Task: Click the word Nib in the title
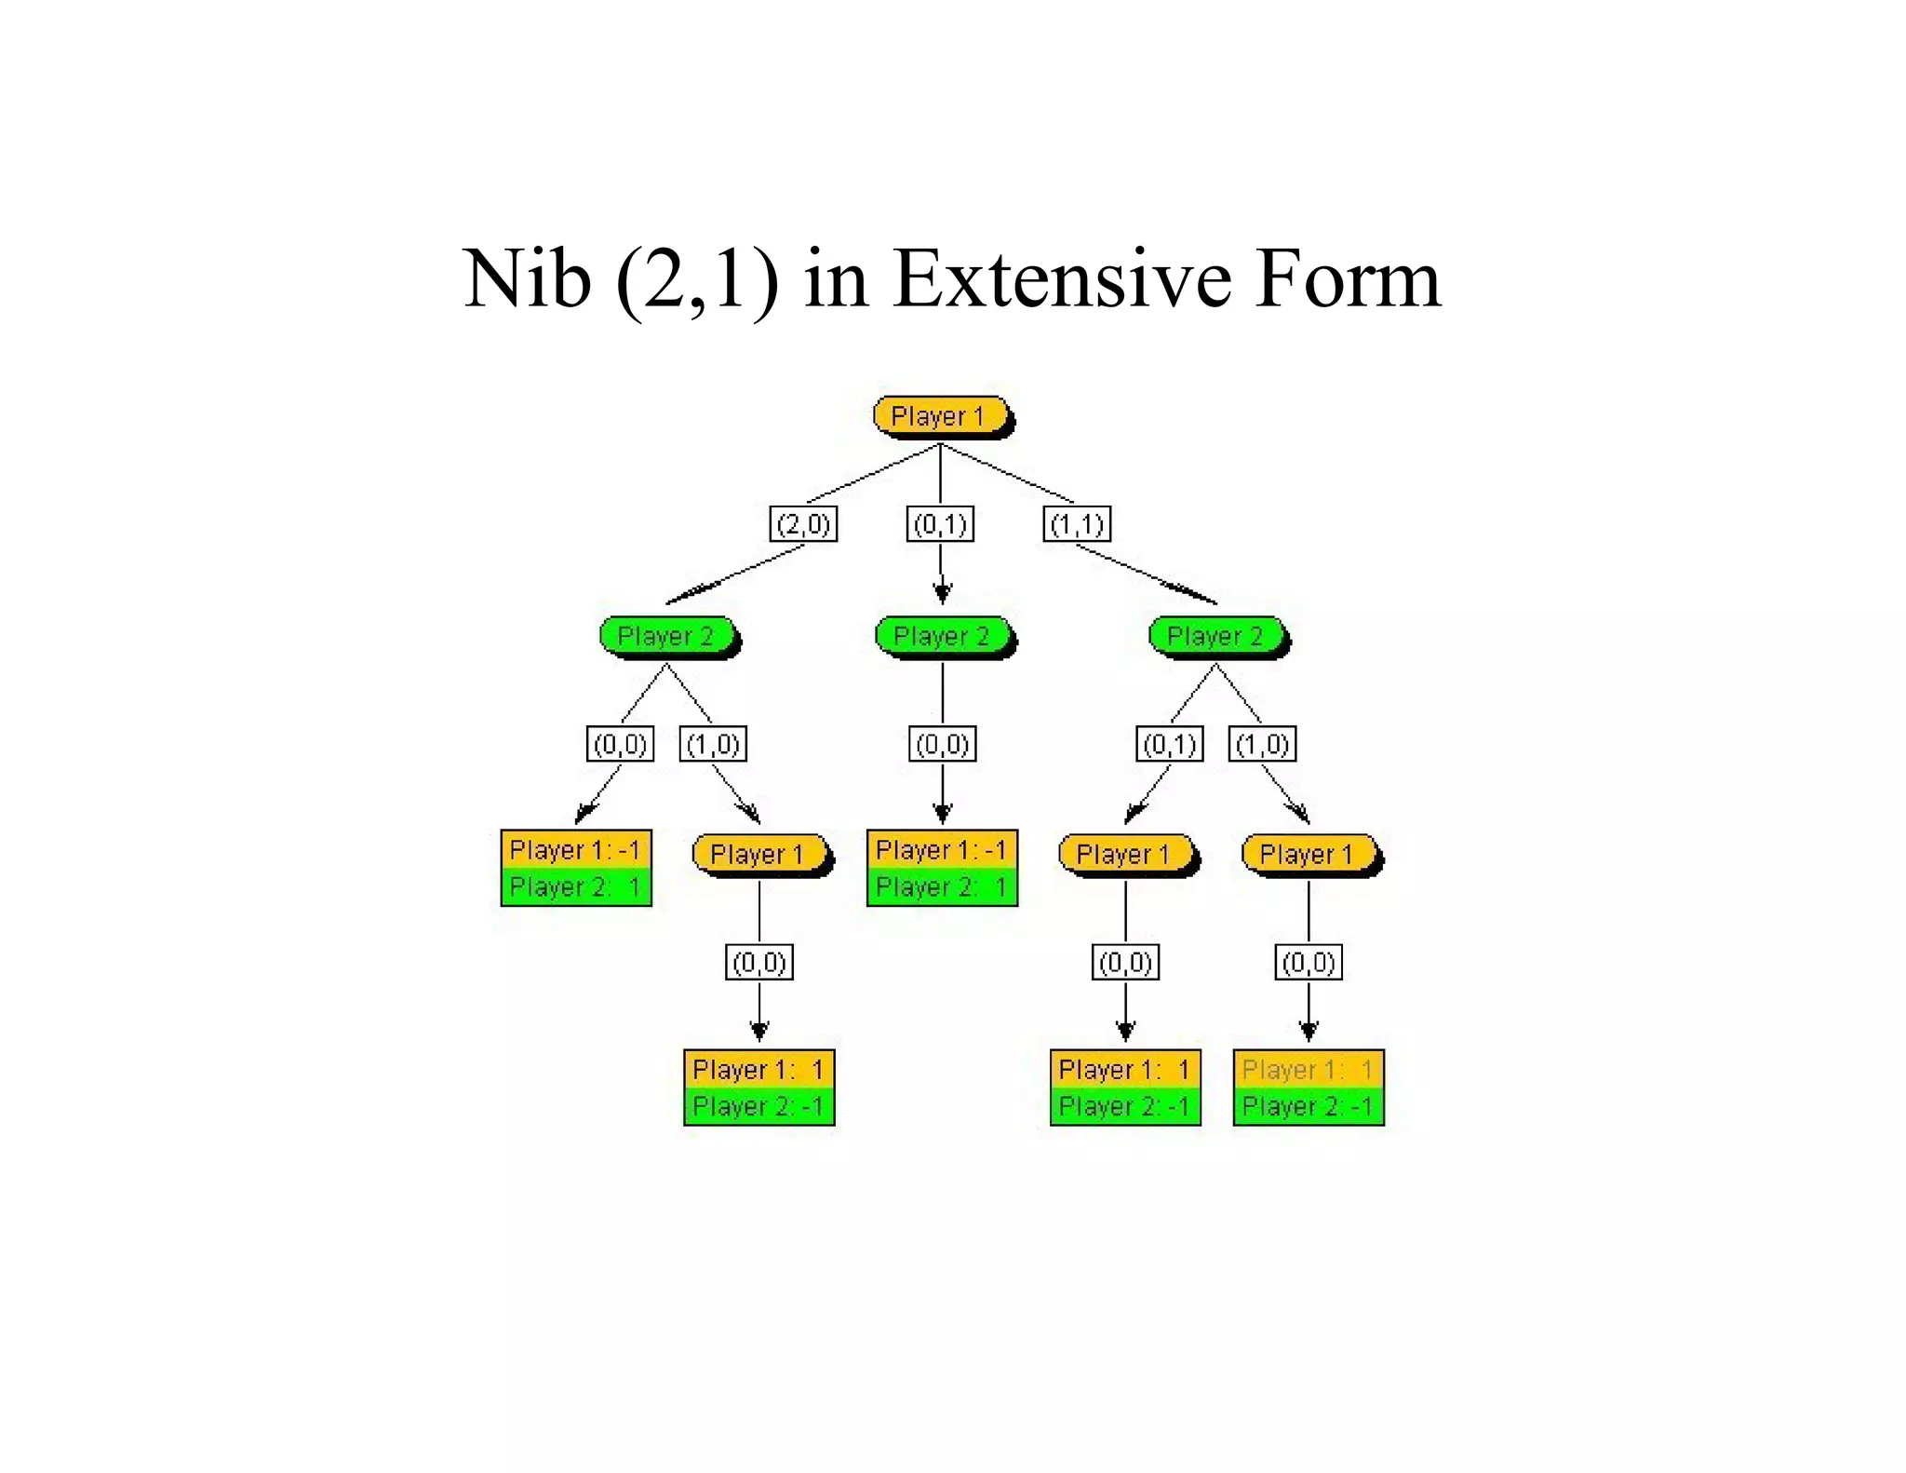pyautogui.click(x=527, y=278)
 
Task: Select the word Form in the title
pyautogui.click(x=1347, y=278)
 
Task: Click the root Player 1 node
pyautogui.click(x=940, y=416)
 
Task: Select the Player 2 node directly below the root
pyautogui.click(x=942, y=636)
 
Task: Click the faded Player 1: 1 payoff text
pyautogui.click(x=1307, y=1070)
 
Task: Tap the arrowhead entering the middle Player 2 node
pyautogui.click(x=942, y=592)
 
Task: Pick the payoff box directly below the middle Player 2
pyautogui.click(x=942, y=868)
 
